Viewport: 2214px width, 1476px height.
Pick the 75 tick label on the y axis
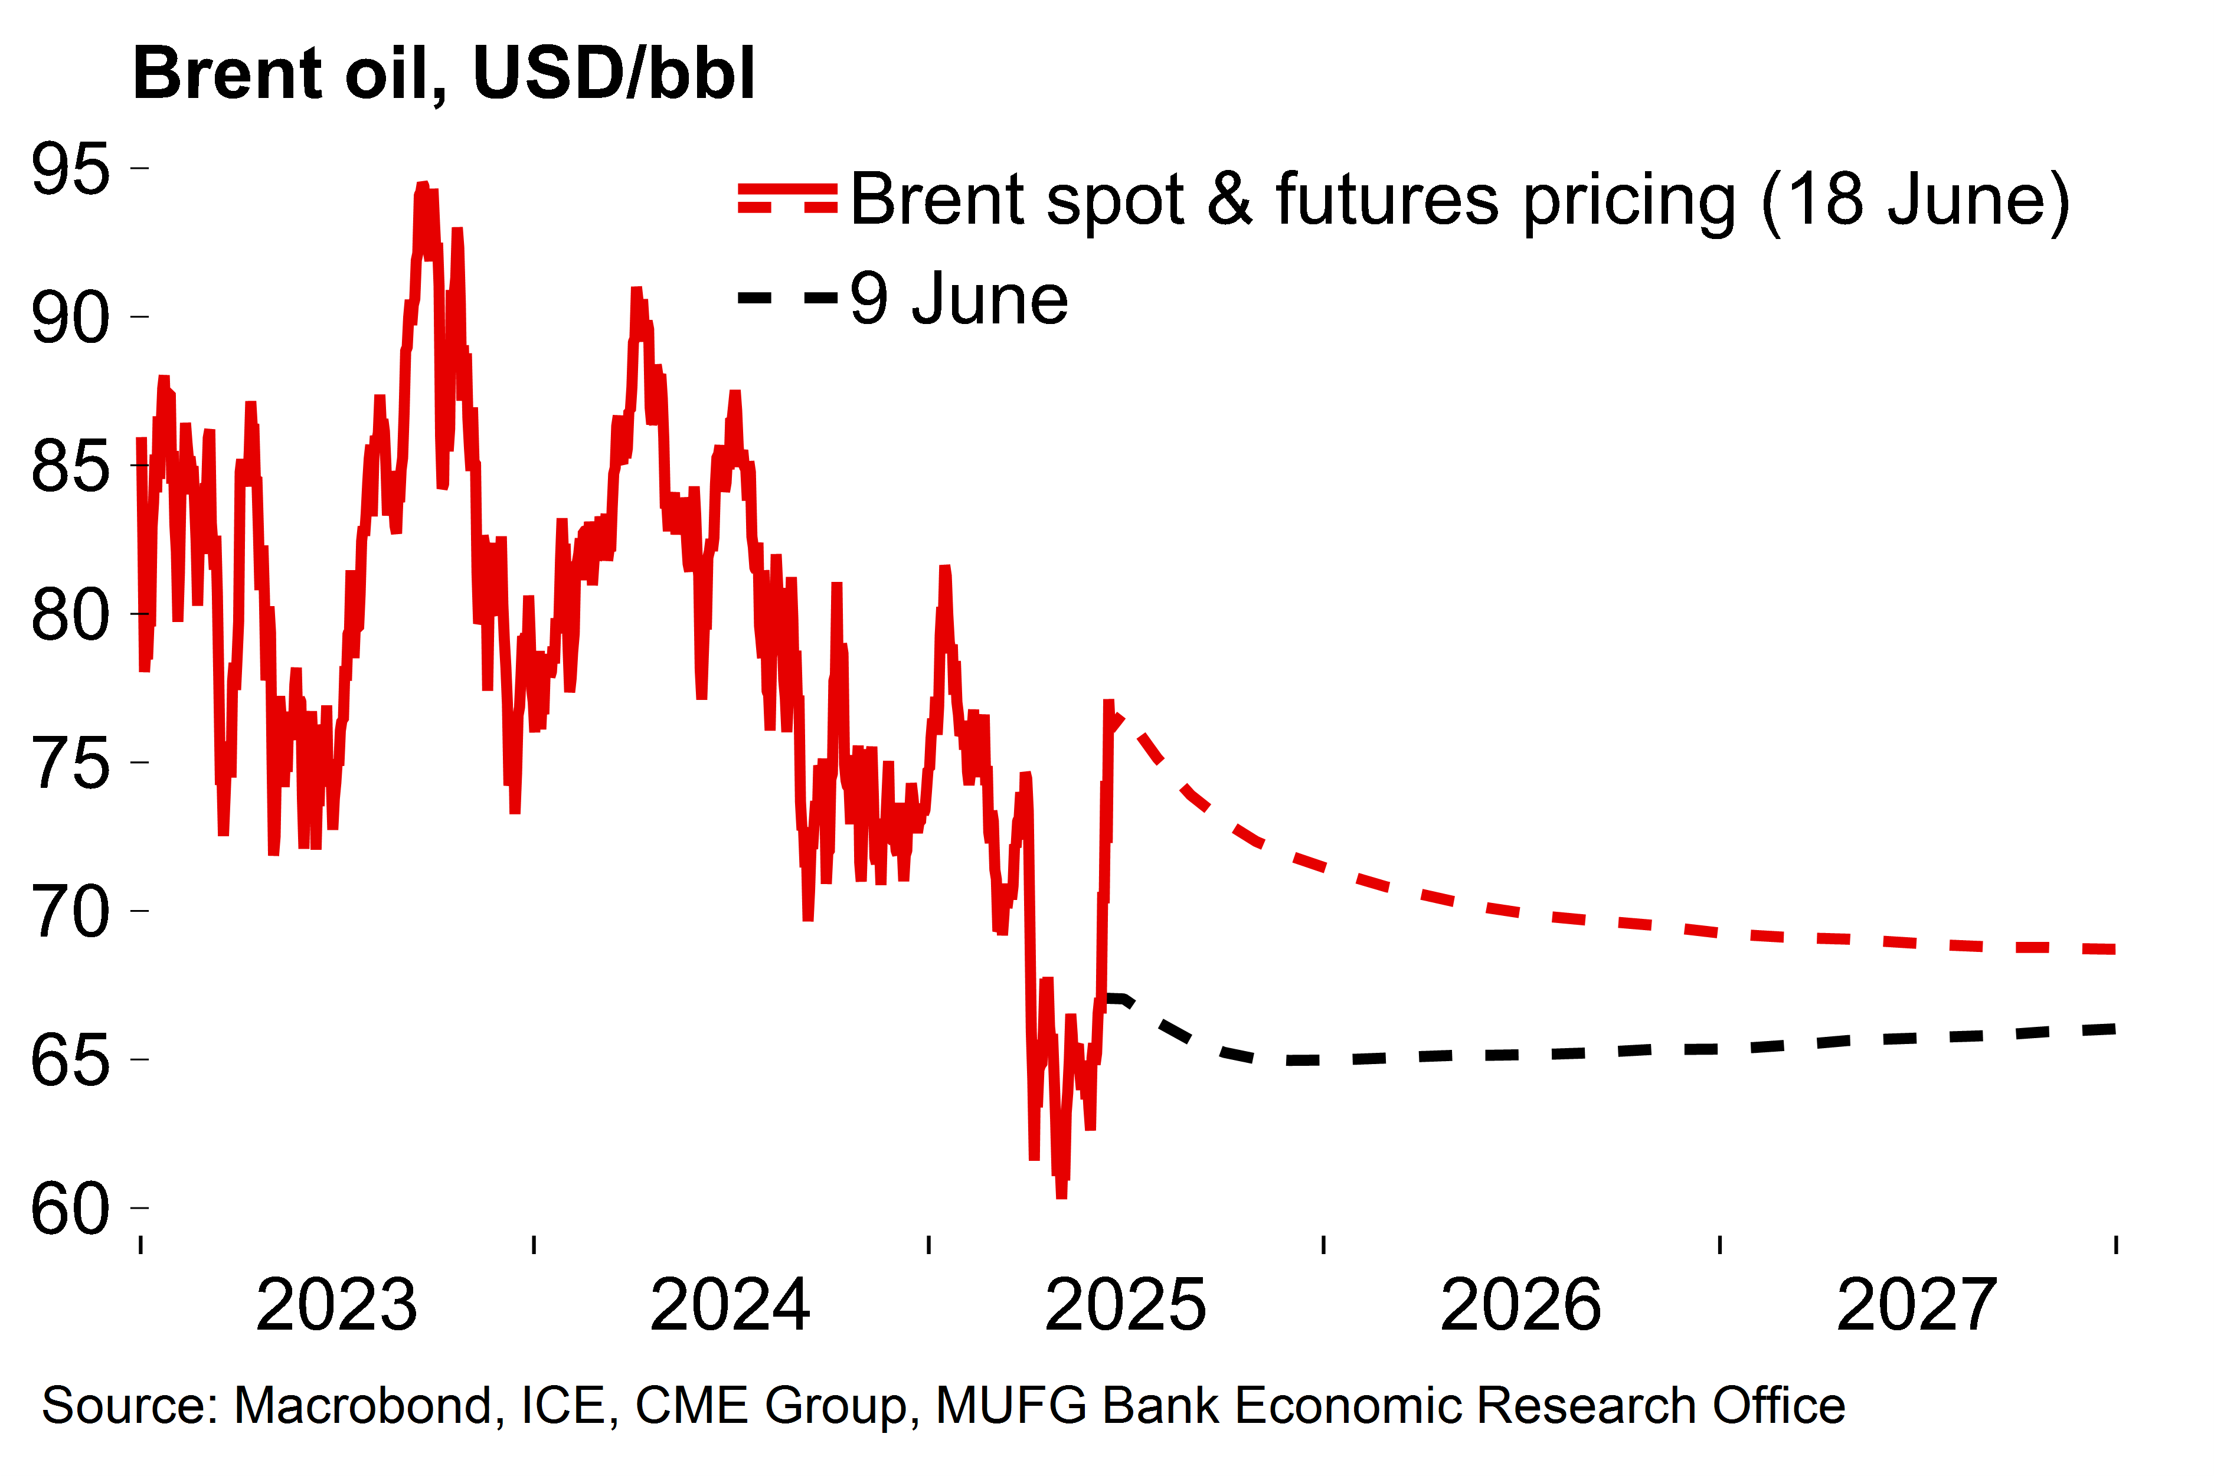[x=71, y=764]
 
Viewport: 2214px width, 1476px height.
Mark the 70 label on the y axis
[x=71, y=912]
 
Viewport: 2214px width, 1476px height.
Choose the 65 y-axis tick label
[x=71, y=1061]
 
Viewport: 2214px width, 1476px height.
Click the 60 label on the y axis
[x=71, y=1210]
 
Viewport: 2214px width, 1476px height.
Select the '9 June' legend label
[x=959, y=299]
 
